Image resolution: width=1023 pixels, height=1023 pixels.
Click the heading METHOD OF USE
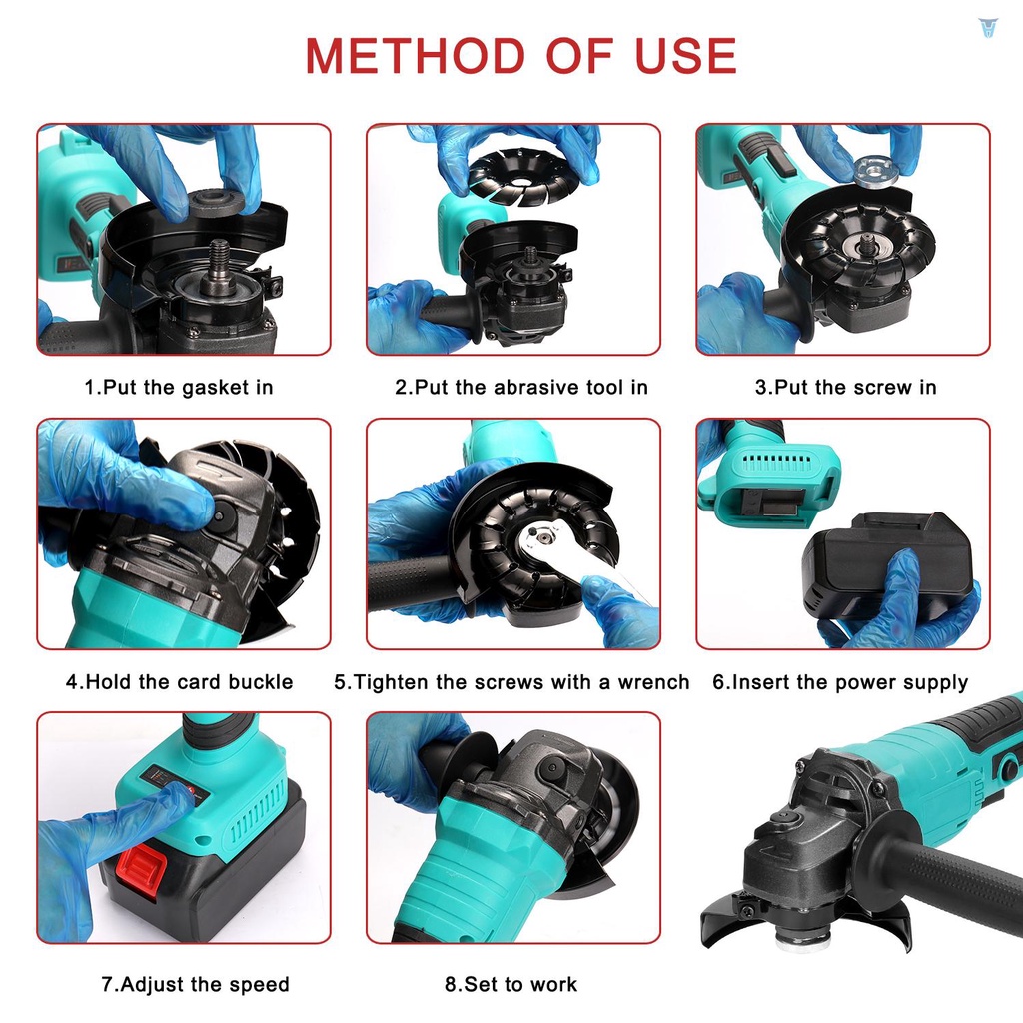520,56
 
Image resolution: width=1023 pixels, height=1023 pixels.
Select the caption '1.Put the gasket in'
178,387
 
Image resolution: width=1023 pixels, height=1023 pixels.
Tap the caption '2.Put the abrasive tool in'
520,387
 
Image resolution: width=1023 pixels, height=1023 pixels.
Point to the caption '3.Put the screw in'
845,387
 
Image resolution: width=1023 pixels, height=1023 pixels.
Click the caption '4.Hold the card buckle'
180,682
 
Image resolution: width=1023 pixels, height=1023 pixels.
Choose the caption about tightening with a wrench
511,682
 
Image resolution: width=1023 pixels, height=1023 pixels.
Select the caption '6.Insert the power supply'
840,682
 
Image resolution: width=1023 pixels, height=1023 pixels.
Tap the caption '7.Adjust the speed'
195,984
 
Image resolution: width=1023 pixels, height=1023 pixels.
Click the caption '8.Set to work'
511,984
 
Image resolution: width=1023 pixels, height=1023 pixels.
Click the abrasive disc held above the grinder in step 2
521,176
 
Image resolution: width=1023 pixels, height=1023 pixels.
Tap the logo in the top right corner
988,27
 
